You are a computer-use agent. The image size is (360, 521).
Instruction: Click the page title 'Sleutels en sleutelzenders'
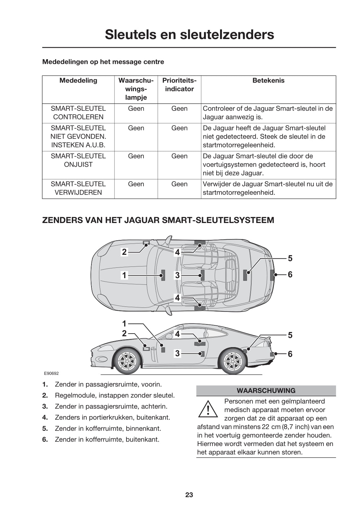189,34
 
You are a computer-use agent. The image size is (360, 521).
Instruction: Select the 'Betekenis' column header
268,81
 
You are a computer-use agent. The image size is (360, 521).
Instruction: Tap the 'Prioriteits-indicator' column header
179,85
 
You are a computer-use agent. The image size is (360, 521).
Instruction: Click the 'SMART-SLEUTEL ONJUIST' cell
78,160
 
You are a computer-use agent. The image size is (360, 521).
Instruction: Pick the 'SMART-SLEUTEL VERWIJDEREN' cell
78,188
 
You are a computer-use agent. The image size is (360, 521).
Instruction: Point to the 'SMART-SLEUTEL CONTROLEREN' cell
78,113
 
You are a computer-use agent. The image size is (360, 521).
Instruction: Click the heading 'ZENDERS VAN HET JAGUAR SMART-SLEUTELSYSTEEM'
158,220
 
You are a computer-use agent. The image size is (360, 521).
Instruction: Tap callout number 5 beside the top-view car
290,258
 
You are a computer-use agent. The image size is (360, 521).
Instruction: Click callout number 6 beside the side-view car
290,354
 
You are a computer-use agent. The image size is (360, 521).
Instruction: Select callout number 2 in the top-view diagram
125,252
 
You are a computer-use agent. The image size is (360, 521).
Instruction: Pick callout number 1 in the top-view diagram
125,275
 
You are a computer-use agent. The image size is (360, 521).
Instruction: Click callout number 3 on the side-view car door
177,353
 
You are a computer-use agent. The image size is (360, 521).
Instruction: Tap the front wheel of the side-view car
127,361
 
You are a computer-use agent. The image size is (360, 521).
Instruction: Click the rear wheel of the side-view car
232,361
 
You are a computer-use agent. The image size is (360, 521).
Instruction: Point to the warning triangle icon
208,409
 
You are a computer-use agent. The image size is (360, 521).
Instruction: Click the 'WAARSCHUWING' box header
266,391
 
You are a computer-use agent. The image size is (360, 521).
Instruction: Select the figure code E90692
51,374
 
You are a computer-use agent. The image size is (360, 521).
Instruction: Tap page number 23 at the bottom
189,495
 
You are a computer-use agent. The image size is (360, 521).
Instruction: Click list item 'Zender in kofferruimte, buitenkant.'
107,439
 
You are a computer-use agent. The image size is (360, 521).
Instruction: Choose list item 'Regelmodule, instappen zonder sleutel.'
114,395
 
